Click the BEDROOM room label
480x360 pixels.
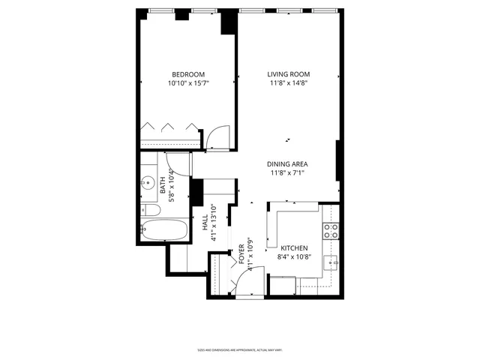pyautogui.click(x=188, y=73)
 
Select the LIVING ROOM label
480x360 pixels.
pyautogui.click(x=289, y=73)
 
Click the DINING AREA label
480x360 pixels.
pyautogui.click(x=289, y=164)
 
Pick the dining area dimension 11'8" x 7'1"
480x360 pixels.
pyautogui.click(x=289, y=173)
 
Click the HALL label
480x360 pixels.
pyautogui.click(x=204, y=223)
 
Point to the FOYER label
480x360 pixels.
pyautogui.click(x=241, y=253)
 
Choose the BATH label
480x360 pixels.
pyautogui.click(x=163, y=184)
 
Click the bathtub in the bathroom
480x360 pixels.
pyautogui.click(x=164, y=229)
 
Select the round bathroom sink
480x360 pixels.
pyautogui.click(x=147, y=181)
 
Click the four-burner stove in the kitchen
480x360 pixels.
pyautogui.click(x=330, y=231)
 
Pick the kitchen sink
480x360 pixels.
pyautogui.click(x=331, y=262)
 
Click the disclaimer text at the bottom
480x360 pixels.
pyautogui.click(x=239, y=350)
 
